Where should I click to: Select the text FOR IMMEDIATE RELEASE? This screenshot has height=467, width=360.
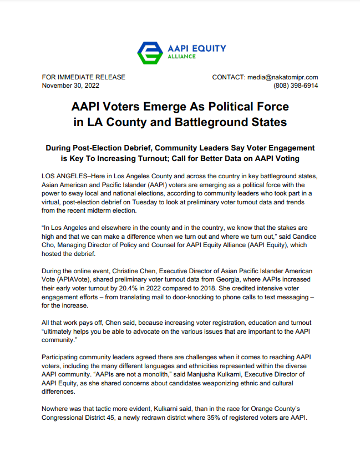pos(84,77)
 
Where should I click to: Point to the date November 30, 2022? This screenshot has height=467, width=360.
pos(70,86)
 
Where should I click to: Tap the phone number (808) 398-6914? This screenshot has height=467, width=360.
pos(296,86)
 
